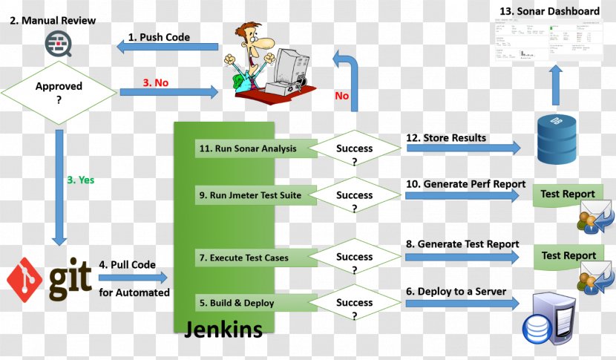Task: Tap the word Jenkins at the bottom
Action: pyautogui.click(x=223, y=329)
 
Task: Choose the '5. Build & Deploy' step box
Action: pyautogui.click(x=236, y=303)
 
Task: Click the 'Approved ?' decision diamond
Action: pyautogui.click(x=59, y=93)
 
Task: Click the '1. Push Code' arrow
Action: pyautogui.click(x=167, y=48)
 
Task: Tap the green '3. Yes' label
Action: pyautogui.click(x=80, y=180)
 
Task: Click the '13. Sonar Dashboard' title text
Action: pyautogui.click(x=550, y=11)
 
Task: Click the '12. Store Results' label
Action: pyautogui.click(x=446, y=137)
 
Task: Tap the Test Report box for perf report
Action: pyautogui.click(x=568, y=194)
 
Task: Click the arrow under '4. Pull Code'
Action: pyautogui.click(x=134, y=278)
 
